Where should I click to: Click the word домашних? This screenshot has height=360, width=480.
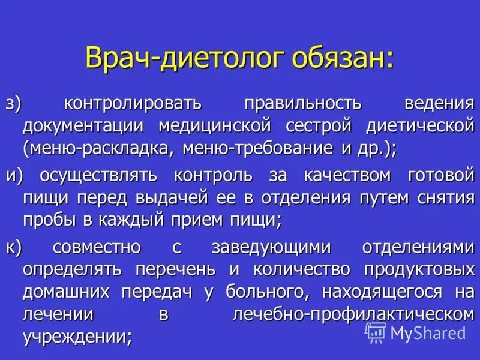[67, 292]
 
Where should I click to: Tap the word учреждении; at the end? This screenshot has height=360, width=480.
[77, 337]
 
